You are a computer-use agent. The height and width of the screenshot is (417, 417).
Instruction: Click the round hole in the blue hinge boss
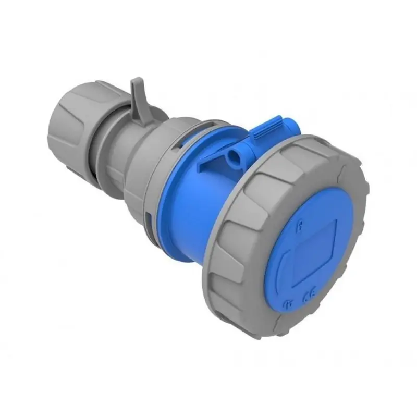(x=232, y=155)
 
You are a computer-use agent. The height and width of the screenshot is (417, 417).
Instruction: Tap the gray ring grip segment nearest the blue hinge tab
(x=313, y=149)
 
